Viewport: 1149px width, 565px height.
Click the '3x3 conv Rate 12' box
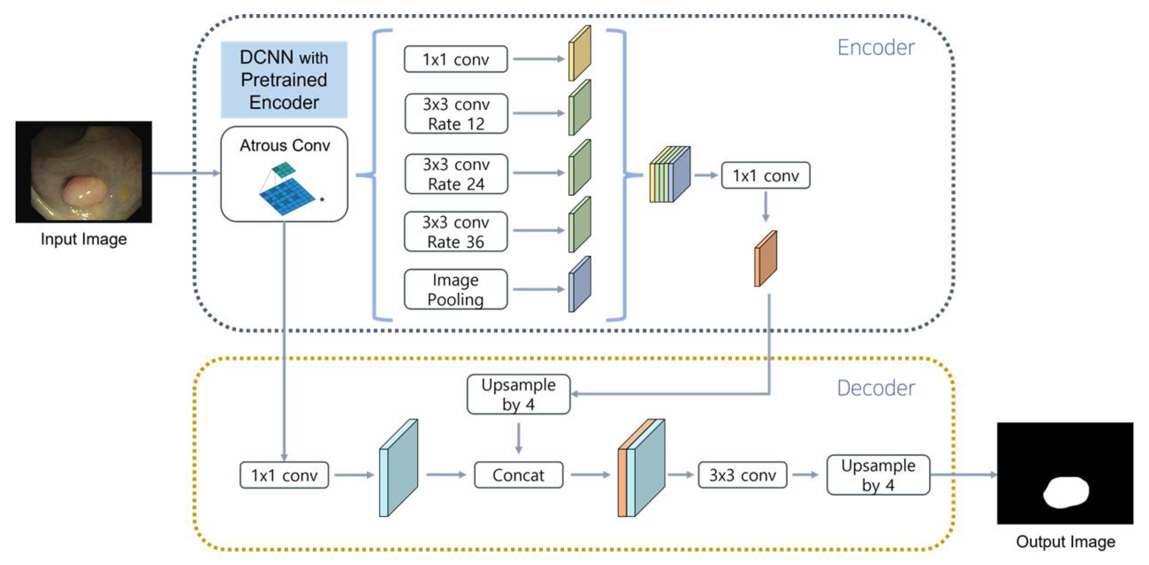click(x=456, y=114)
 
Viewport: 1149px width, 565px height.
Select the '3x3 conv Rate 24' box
click(x=456, y=174)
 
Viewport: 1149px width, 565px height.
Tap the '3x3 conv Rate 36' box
click(x=455, y=232)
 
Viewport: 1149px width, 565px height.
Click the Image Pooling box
click(x=455, y=289)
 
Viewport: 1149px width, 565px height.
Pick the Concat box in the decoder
click(x=518, y=475)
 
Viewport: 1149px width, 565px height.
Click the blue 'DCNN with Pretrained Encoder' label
click(x=284, y=80)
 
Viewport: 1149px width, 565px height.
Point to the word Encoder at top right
click(x=875, y=48)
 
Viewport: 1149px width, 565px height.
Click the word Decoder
click(x=875, y=388)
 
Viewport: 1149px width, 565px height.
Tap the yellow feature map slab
click(x=579, y=54)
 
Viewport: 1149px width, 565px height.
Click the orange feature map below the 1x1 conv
click(x=765, y=259)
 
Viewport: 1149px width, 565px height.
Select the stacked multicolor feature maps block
click(x=670, y=175)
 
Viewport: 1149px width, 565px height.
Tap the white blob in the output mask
click(x=1066, y=492)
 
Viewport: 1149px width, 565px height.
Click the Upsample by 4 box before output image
click(x=878, y=475)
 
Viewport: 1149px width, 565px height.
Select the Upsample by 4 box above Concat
click(x=518, y=394)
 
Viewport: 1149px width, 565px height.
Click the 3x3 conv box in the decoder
click(x=742, y=475)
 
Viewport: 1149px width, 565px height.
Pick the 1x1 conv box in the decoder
click(x=284, y=475)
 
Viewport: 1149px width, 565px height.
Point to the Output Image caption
click(x=1065, y=541)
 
